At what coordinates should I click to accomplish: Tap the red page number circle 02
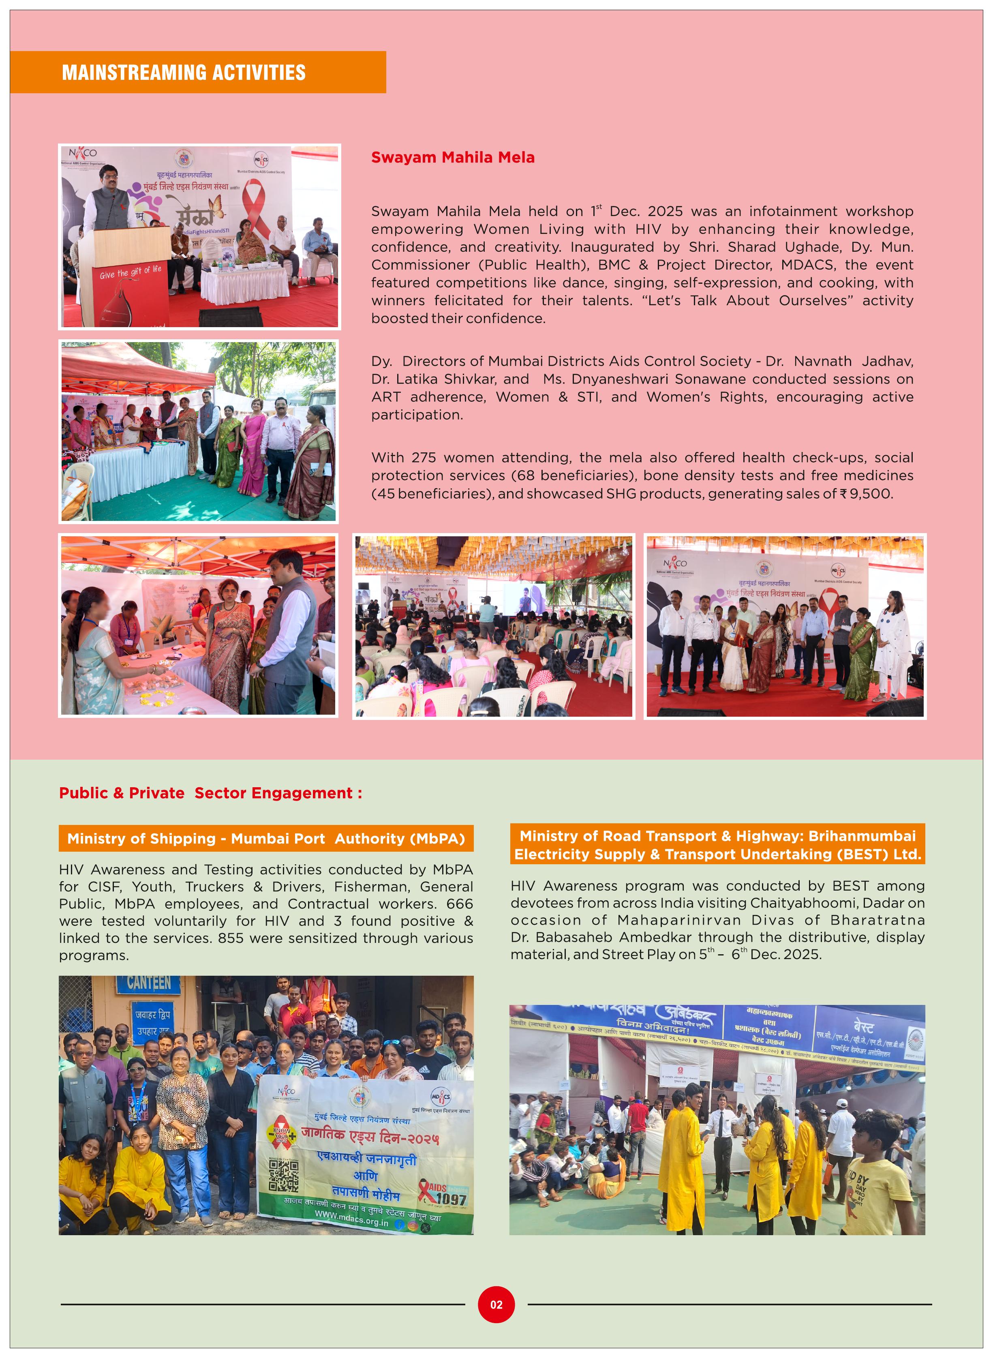pyautogui.click(x=496, y=1304)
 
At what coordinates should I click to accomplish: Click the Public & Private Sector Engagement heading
pyautogui.click(x=210, y=793)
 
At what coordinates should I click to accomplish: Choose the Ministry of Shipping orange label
pyautogui.click(x=266, y=839)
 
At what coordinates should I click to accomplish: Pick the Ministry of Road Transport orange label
pyautogui.click(x=717, y=845)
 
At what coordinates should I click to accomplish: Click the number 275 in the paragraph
pyautogui.click(x=424, y=458)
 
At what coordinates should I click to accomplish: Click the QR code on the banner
pyautogui.click(x=283, y=1175)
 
